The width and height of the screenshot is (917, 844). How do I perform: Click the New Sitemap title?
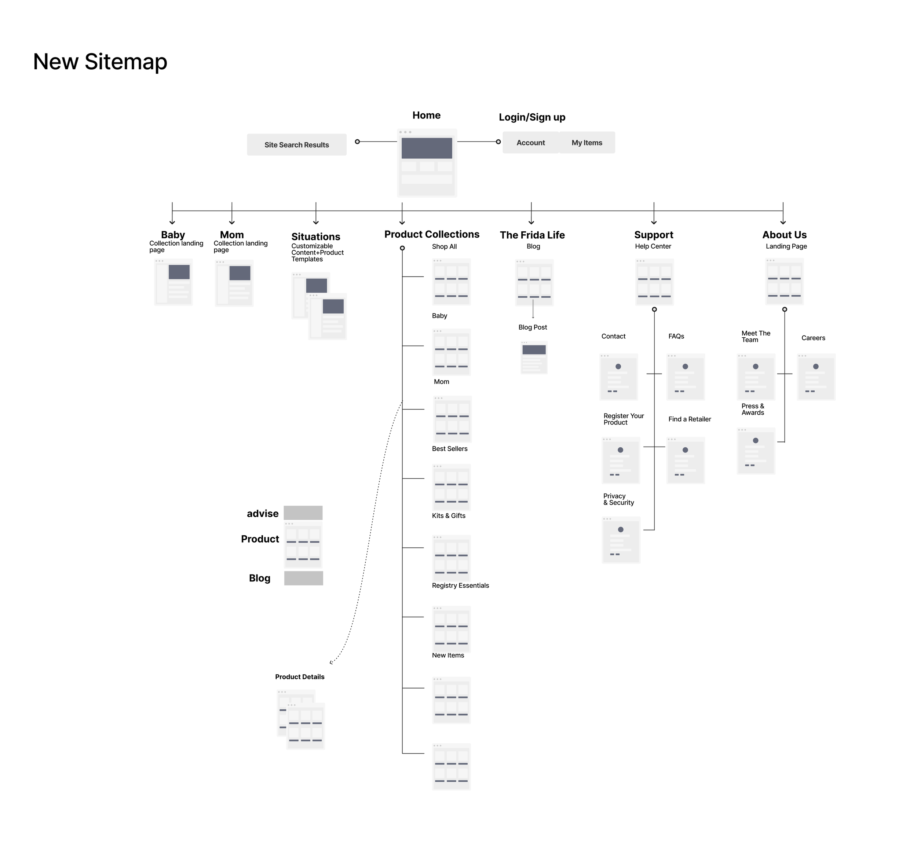point(100,62)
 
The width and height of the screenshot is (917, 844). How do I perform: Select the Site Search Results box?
point(296,145)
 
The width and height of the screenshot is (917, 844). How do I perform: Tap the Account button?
point(530,143)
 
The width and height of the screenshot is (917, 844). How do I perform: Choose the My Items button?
point(587,143)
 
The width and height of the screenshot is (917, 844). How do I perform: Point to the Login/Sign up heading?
point(532,117)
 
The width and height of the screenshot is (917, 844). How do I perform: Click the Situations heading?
point(316,236)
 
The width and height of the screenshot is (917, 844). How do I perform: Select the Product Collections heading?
point(432,234)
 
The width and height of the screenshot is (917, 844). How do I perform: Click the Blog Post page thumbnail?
point(534,357)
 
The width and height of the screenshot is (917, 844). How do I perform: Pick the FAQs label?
point(676,337)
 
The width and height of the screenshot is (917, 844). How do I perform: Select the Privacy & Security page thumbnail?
point(621,540)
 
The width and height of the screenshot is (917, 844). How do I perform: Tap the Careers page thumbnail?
point(816,377)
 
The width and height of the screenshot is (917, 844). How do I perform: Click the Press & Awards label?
point(753,409)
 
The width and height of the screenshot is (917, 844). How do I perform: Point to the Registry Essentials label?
point(460,586)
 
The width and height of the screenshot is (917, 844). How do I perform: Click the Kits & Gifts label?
point(449,515)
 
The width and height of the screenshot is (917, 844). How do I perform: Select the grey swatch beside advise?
point(303,513)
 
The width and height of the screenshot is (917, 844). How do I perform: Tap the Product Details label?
point(300,677)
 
